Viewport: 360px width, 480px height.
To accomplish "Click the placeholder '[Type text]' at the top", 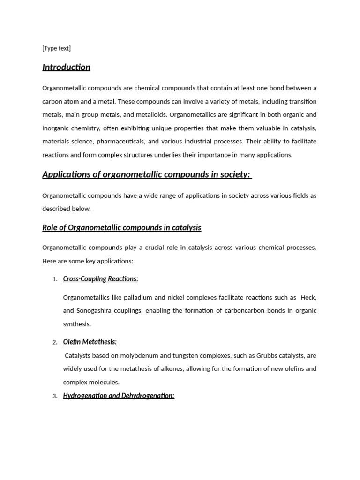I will pos(56,48).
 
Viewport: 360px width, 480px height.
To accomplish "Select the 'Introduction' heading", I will pos(66,67).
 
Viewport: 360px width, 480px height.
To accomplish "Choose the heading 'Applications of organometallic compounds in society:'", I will pos(147,174).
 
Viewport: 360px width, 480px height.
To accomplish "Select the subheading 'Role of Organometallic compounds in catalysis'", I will pos(121,228).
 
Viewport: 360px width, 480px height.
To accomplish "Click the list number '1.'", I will pos(55,279).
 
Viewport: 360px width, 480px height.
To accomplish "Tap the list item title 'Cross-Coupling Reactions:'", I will pos(100,279).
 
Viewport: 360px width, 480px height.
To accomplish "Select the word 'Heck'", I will pos(308,297).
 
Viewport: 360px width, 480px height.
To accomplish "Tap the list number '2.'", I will pos(55,342).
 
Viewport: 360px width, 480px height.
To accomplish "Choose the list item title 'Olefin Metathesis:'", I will pos(90,342).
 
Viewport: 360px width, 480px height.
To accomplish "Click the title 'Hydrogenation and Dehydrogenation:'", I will pos(119,396).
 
